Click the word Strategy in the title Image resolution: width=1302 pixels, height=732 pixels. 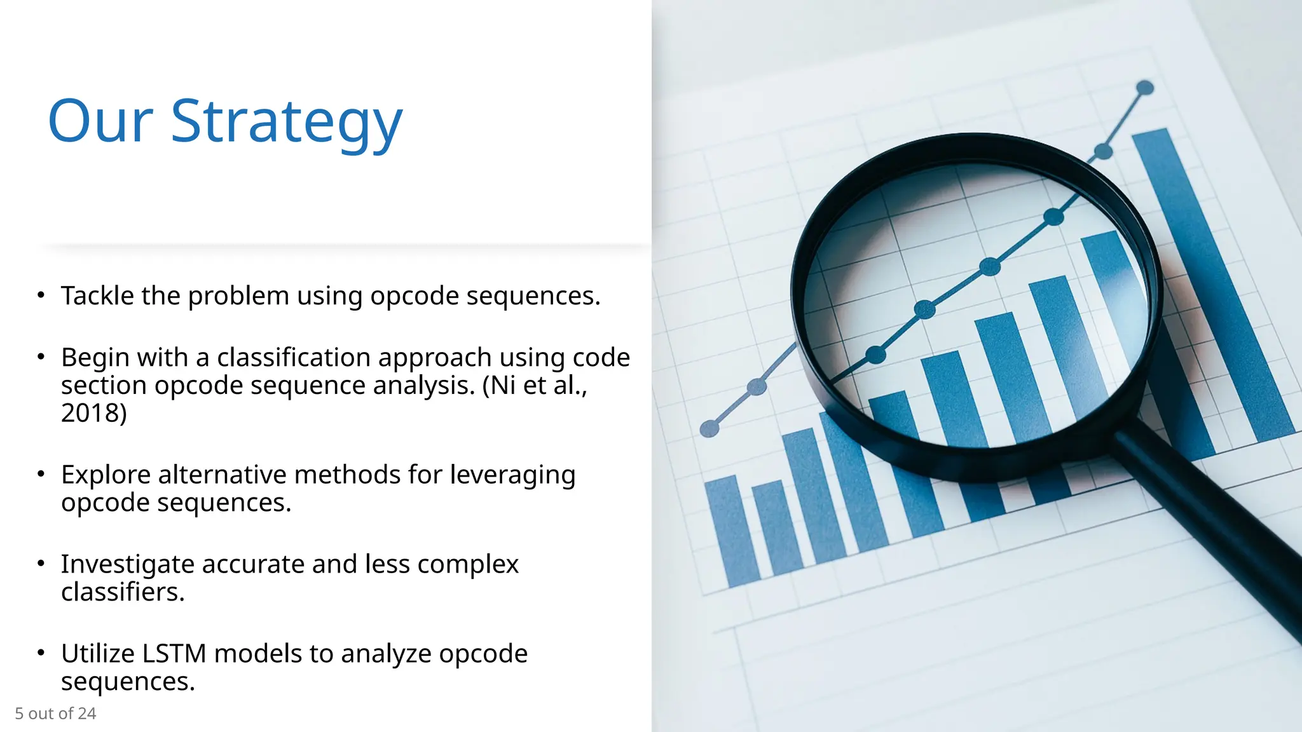tap(286, 122)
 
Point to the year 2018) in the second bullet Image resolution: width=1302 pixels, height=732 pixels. tap(93, 413)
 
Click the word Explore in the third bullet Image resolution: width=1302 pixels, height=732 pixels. tap(106, 475)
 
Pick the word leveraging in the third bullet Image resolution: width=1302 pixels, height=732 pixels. tap(512, 475)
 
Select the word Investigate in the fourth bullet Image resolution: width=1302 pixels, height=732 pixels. tap(127, 564)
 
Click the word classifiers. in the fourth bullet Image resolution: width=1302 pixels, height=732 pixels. tap(123, 592)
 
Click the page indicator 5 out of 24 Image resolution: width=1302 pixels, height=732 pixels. tap(55, 714)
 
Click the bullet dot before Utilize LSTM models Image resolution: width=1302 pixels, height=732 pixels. tap(41, 653)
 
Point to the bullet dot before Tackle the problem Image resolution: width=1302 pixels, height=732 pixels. tap(41, 295)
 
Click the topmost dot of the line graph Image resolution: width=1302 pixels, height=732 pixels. tap(1144, 88)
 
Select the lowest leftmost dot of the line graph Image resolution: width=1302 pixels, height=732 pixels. tap(709, 430)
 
